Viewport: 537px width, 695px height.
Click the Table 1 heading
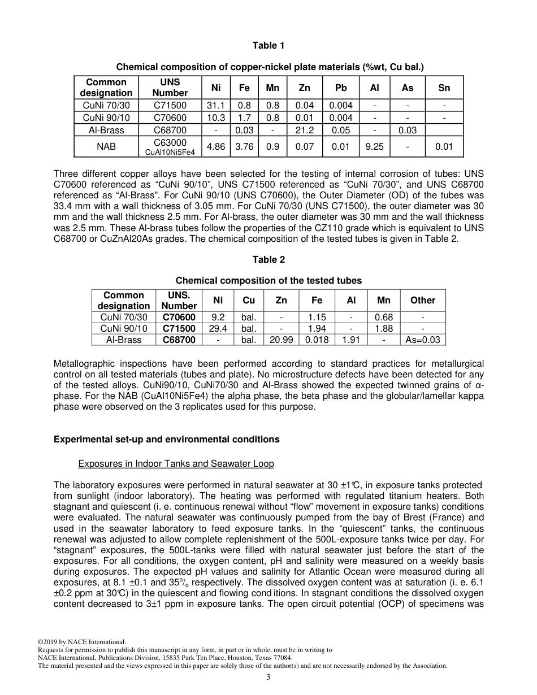coord(268,46)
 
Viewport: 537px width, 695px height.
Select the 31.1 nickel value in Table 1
coord(216,106)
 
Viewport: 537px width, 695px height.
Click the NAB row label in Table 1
coord(106,147)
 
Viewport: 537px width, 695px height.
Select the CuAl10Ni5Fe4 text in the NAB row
coord(170,152)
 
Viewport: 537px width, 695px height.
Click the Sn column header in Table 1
coord(444,88)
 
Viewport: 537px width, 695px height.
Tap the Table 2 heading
coord(268,260)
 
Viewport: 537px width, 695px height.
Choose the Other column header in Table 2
coord(423,301)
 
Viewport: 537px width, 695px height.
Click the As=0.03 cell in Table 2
coord(423,340)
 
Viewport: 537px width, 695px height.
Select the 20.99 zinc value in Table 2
coord(281,340)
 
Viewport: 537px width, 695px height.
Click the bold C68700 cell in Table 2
coord(179,340)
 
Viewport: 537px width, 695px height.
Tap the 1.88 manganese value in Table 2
coord(384,329)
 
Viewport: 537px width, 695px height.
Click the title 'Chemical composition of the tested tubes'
coord(268,281)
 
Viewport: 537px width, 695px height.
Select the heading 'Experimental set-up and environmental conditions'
coord(166,440)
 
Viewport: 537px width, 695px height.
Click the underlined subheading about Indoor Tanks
coord(176,464)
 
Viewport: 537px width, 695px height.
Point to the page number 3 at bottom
coord(268,677)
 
